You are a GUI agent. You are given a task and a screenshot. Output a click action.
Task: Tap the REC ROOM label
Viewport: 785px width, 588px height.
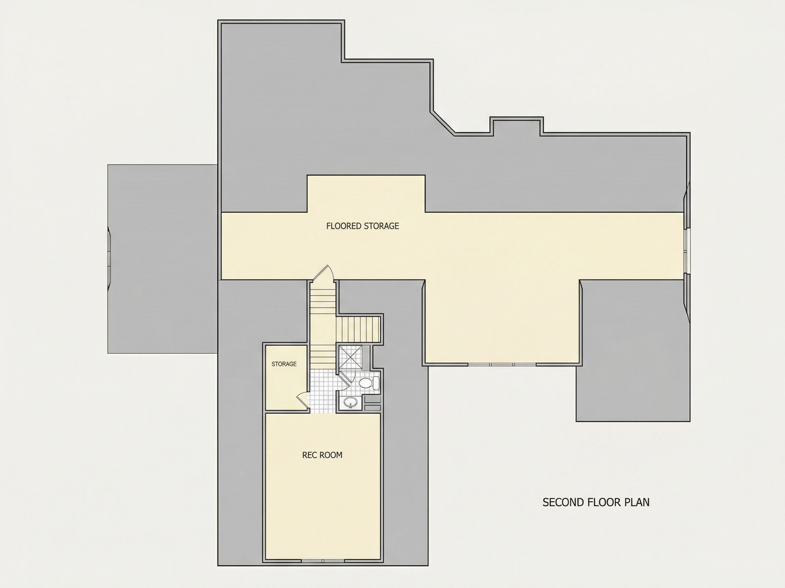pyautogui.click(x=322, y=455)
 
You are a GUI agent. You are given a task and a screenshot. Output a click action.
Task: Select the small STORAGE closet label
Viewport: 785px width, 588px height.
pyautogui.click(x=284, y=364)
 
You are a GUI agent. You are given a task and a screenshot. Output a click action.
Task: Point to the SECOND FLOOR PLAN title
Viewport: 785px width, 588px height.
pyautogui.click(x=596, y=503)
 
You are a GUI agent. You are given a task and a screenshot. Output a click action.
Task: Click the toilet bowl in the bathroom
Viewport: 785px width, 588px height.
pyautogui.click(x=365, y=383)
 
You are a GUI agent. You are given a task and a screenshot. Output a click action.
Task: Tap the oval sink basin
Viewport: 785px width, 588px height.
pyautogui.click(x=351, y=402)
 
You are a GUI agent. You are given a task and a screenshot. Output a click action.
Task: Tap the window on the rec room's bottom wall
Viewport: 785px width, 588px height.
pyautogui.click(x=323, y=561)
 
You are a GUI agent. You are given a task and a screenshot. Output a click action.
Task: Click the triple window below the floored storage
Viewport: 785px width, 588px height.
pyautogui.click(x=502, y=364)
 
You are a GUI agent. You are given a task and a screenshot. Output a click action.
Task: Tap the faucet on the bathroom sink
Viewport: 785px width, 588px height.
pyautogui.click(x=351, y=406)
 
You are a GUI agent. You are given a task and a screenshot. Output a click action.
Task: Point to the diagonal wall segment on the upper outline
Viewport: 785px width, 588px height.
pyautogui.click(x=443, y=122)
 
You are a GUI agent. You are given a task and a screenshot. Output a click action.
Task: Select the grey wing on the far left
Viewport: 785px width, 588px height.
pyautogui.click(x=163, y=259)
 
